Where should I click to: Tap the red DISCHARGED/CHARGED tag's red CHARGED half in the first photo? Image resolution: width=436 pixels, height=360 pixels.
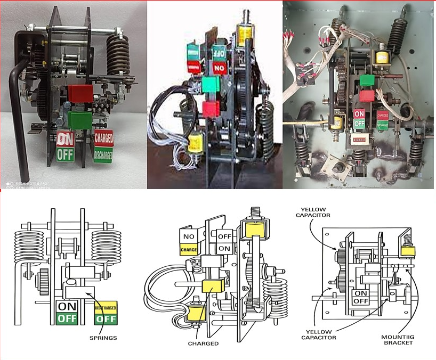click(103, 137)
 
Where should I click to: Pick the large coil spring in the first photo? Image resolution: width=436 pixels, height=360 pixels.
click(118, 53)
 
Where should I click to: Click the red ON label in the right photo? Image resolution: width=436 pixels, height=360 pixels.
click(359, 113)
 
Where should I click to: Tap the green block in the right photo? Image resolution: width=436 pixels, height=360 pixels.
click(366, 80)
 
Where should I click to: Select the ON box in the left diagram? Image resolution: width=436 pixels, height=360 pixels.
click(67, 306)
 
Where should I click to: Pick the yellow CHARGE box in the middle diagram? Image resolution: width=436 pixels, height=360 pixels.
click(189, 249)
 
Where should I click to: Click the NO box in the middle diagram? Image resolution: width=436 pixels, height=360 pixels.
click(189, 236)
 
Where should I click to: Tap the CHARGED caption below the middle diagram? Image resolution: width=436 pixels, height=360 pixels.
click(203, 343)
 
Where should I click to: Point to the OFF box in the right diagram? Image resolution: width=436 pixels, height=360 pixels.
click(360, 300)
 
